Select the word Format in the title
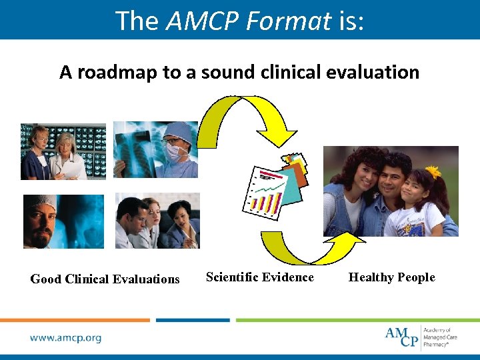coord(288,21)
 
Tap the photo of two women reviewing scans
coord(63,151)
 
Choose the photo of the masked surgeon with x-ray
coord(155,149)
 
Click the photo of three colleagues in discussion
coord(157,221)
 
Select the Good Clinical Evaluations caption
coord(105,279)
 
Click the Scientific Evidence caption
coord(260,277)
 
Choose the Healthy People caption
coord(391,277)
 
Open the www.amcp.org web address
coord(65,337)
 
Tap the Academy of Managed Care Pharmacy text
coord(440,337)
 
